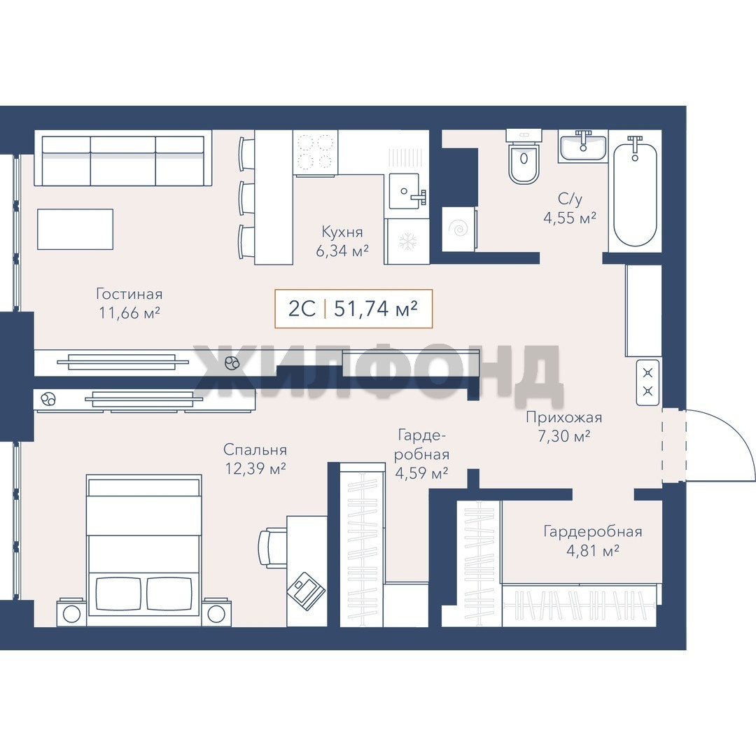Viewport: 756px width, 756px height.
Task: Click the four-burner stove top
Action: (x=315, y=152)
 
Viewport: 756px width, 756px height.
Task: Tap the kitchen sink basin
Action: (x=404, y=191)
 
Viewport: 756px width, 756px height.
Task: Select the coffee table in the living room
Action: (x=75, y=229)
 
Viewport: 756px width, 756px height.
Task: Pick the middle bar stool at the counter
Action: (x=246, y=198)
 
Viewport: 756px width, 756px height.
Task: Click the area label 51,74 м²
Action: (x=376, y=309)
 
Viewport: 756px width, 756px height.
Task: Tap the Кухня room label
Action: (x=342, y=232)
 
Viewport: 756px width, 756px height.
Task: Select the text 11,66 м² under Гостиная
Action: (x=129, y=313)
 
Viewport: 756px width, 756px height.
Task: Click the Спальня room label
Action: (x=255, y=450)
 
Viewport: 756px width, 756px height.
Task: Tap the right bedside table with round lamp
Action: (x=216, y=612)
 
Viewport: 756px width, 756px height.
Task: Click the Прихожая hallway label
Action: (x=563, y=417)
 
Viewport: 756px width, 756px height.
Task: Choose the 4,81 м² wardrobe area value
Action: (x=593, y=550)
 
